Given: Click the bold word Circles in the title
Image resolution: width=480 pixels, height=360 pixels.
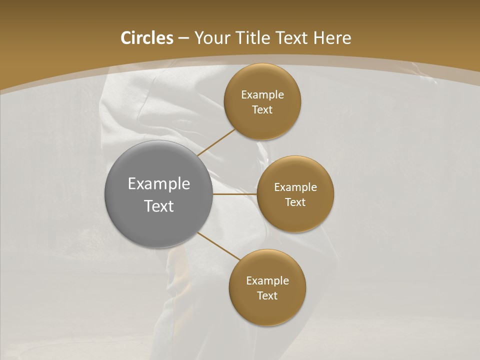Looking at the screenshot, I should pyautogui.click(x=146, y=38).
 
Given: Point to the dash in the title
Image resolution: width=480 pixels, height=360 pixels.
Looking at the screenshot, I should pyautogui.click(x=183, y=38).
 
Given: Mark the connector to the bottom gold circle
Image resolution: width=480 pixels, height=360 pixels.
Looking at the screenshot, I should pyautogui.click(x=219, y=245).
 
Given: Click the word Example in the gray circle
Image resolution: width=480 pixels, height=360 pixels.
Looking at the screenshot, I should pyautogui.click(x=159, y=184).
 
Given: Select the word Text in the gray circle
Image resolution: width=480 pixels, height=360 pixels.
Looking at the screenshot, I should pyautogui.click(x=159, y=206).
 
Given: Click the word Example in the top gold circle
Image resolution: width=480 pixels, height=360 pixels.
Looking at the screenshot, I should pyautogui.click(x=262, y=95).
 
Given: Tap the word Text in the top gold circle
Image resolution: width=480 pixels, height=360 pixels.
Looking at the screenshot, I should pyautogui.click(x=262, y=110).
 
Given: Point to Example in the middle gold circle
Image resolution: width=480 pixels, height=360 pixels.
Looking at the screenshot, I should pyautogui.click(x=295, y=187).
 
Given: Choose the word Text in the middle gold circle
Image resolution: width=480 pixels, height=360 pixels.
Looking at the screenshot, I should pyautogui.click(x=295, y=202).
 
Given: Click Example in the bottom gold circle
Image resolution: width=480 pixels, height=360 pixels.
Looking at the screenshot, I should pyautogui.click(x=267, y=281).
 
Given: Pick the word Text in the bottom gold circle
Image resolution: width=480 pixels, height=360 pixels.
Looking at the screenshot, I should pyautogui.click(x=267, y=296).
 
